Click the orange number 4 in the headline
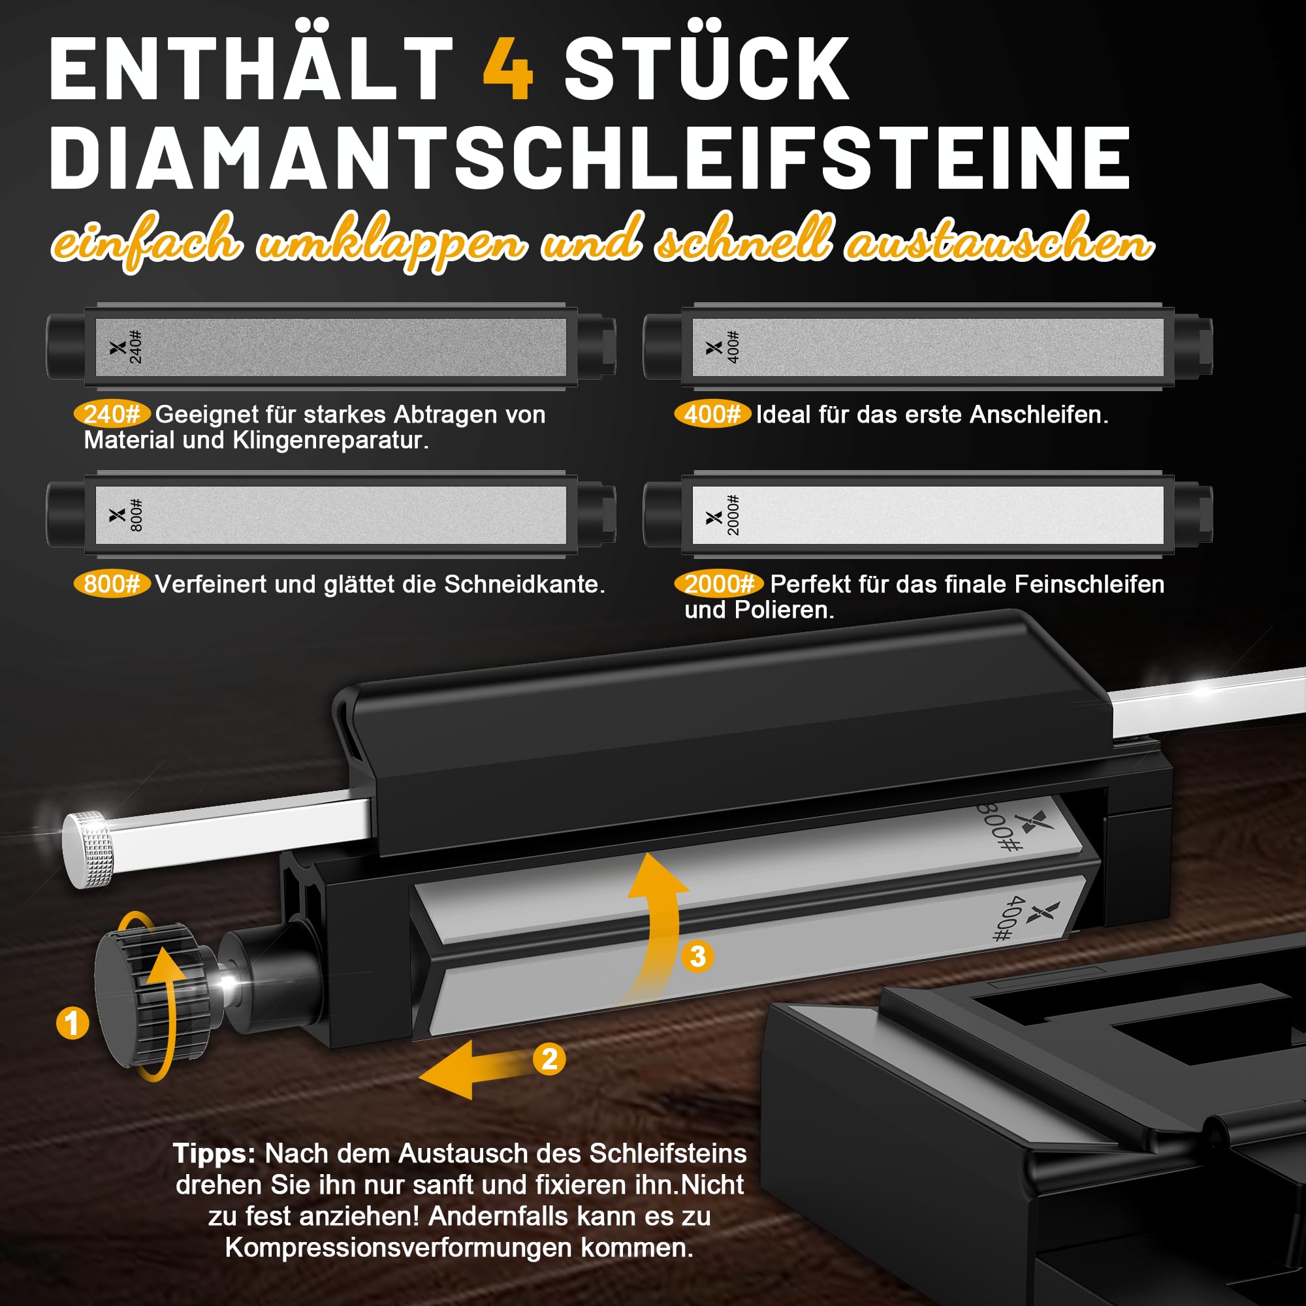coord(508,69)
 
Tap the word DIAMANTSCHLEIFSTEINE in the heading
coord(590,158)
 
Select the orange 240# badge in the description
coord(112,414)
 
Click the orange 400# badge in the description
coord(712,414)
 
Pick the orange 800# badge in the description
coord(112,583)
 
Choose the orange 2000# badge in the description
coord(719,583)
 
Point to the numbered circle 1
coord(72,1023)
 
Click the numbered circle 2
coord(549,1059)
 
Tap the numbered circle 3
coord(697,957)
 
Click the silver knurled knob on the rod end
coord(89,848)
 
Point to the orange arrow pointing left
coord(477,1069)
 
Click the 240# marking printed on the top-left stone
coord(136,347)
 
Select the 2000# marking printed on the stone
coord(733,516)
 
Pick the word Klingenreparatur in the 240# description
coord(330,441)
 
